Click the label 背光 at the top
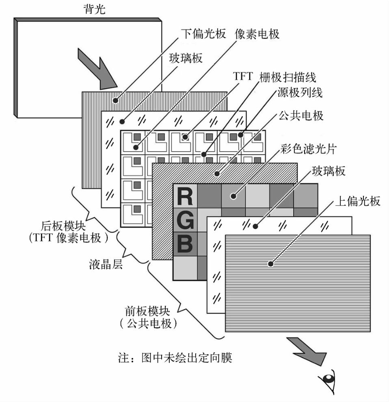[x=94, y=9]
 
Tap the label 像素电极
[x=257, y=34]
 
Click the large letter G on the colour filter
[x=185, y=221]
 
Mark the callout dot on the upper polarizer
[x=270, y=264]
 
